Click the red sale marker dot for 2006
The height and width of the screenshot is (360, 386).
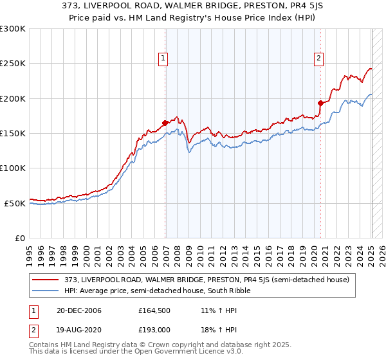coord(165,123)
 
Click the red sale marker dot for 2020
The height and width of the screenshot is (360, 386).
coord(320,103)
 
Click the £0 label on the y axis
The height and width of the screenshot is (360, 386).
coord(20,238)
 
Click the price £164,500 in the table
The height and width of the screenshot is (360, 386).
coord(154,310)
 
